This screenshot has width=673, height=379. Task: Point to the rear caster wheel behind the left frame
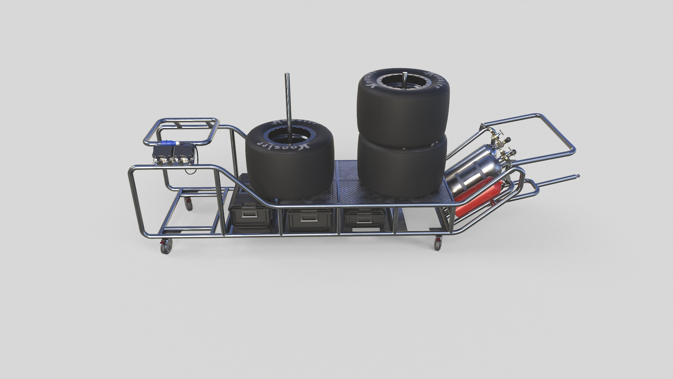(189, 204)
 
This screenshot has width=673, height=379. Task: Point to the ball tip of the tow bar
(578, 176)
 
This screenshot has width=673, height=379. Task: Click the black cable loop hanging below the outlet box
(191, 171)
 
